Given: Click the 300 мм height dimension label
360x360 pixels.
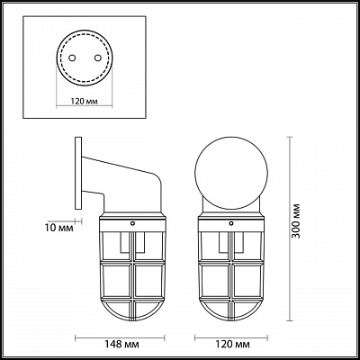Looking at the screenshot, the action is point(296,220).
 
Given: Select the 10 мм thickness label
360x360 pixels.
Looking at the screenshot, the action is point(60,228).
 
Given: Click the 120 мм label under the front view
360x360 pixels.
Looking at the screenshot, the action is point(232,344).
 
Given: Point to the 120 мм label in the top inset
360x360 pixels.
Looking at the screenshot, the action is point(85,102).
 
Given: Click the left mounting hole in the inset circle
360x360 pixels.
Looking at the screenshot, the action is point(72,58).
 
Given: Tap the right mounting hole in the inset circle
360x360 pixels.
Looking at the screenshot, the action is point(97,58).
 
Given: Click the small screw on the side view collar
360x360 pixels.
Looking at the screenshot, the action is point(132,223).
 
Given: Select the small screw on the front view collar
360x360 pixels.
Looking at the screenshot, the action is point(231,223).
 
